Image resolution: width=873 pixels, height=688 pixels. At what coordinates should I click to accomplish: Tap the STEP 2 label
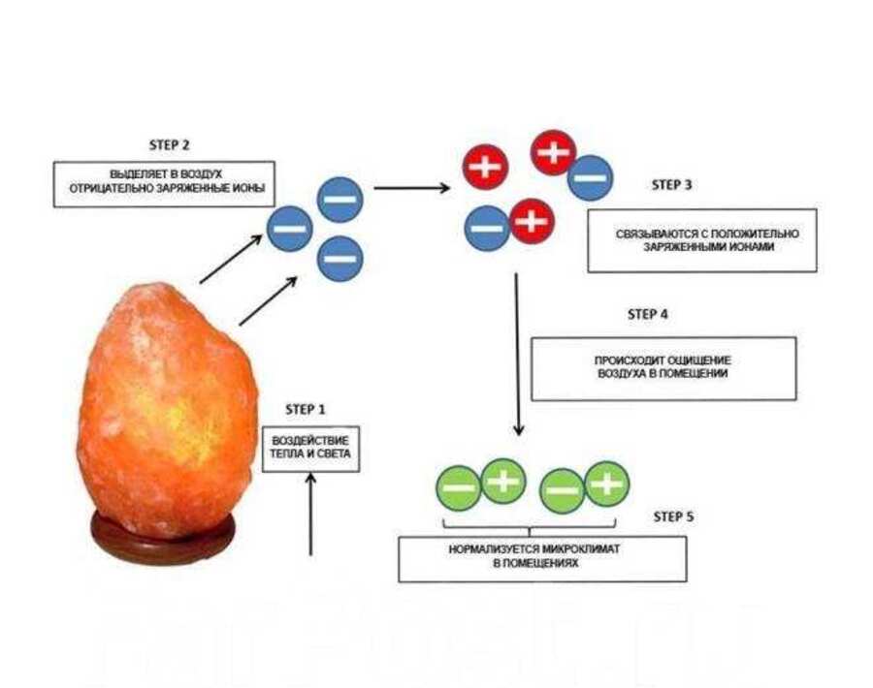coord(169,144)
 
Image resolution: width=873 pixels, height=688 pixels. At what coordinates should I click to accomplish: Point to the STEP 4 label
coord(648,314)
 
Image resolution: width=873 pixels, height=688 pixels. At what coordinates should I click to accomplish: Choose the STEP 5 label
coord(673,516)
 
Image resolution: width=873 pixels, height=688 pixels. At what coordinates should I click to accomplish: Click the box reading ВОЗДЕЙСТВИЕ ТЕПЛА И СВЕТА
coord(310,447)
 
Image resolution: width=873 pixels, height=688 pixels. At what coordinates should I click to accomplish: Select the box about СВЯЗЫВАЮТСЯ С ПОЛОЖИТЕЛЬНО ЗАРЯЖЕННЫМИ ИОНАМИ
coord(701,240)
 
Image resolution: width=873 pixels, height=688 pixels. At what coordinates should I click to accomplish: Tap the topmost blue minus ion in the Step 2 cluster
coord(339,200)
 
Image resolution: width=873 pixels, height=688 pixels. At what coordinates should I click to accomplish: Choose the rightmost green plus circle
coord(606,482)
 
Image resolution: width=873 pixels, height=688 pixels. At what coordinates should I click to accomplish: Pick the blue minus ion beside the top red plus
coord(590,178)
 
